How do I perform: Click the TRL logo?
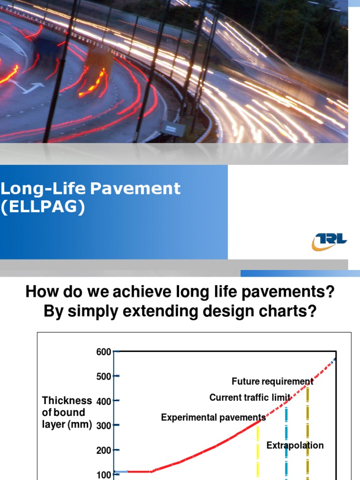click(x=330, y=241)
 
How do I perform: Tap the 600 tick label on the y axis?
click(x=104, y=352)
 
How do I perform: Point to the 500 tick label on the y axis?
click(x=104, y=376)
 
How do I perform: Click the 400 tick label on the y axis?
click(x=104, y=401)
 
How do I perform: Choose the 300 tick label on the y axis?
click(x=104, y=426)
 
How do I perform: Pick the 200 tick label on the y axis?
click(x=104, y=450)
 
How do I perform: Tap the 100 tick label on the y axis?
click(x=104, y=474)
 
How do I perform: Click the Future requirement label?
click(x=272, y=382)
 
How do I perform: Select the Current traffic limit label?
click(x=250, y=398)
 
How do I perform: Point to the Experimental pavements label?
click(x=213, y=418)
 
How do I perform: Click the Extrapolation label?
click(x=295, y=445)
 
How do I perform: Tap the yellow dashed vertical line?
click(x=258, y=450)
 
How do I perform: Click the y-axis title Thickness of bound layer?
click(x=67, y=412)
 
